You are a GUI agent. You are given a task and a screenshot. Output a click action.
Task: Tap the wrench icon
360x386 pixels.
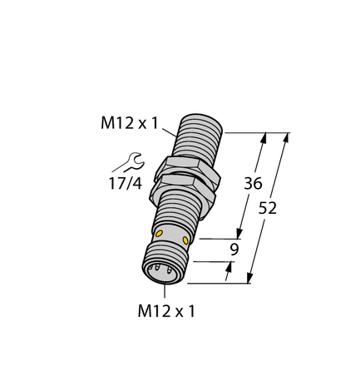point(132,160)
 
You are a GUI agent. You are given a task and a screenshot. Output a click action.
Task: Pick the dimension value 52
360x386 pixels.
point(269,207)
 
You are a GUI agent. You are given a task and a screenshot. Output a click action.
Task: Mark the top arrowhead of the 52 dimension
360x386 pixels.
point(287,136)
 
